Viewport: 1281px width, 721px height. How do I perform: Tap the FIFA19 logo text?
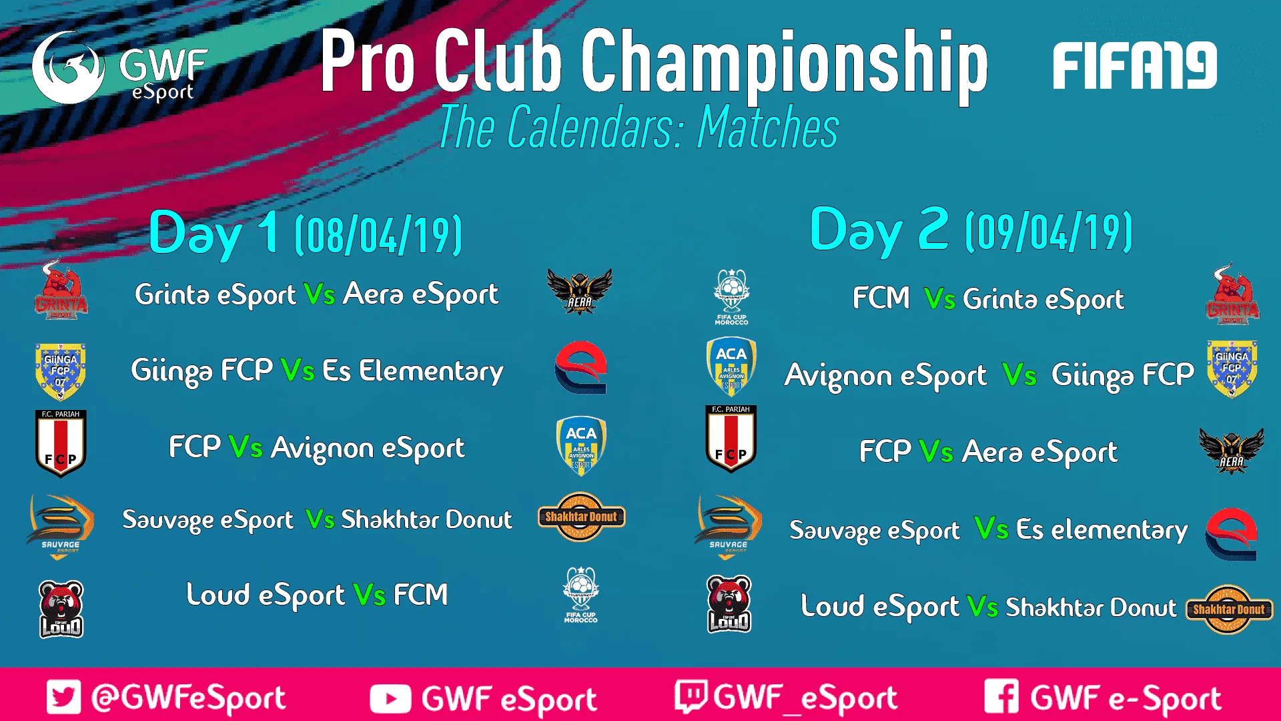(1135, 65)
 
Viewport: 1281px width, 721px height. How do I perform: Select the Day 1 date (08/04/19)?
(378, 235)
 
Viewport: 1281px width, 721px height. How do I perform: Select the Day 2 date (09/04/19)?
(1049, 232)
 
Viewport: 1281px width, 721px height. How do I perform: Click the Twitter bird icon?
(64, 697)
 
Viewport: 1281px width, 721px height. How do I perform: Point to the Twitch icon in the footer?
(691, 696)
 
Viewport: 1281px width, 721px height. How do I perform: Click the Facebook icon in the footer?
(1001, 696)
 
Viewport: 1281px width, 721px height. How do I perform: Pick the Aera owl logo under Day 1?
(579, 291)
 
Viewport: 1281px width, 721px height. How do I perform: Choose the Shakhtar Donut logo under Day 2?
(1229, 609)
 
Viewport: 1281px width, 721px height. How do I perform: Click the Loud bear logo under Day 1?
(61, 608)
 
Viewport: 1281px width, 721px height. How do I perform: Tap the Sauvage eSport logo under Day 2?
(729, 526)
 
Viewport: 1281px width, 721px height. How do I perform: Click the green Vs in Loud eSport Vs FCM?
(370, 595)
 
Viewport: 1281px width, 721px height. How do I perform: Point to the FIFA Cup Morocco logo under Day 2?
(732, 297)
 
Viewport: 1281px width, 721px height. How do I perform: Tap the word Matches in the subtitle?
(768, 128)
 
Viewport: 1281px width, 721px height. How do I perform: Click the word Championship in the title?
(785, 63)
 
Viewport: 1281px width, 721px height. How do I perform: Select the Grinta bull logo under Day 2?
(1232, 294)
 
